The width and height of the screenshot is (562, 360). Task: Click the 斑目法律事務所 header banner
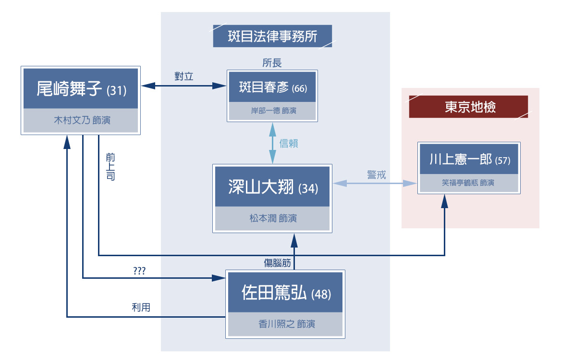(272, 36)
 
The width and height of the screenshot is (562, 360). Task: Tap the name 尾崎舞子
(70, 89)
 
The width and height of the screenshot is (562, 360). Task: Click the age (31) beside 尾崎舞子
(117, 90)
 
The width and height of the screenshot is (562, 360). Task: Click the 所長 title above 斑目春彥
(272, 63)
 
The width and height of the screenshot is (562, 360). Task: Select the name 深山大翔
(261, 187)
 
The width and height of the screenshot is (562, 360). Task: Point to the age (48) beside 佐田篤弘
(321, 294)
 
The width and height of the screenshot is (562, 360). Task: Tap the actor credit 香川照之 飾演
(286, 324)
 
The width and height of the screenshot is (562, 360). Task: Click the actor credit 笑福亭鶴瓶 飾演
(468, 183)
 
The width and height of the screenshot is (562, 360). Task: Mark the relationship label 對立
(184, 76)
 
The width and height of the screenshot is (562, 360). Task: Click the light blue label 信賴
(289, 143)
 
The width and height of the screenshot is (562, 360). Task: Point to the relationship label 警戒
(377, 175)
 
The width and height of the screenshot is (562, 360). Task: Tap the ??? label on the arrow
(139, 271)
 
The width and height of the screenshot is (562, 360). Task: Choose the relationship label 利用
(141, 308)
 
